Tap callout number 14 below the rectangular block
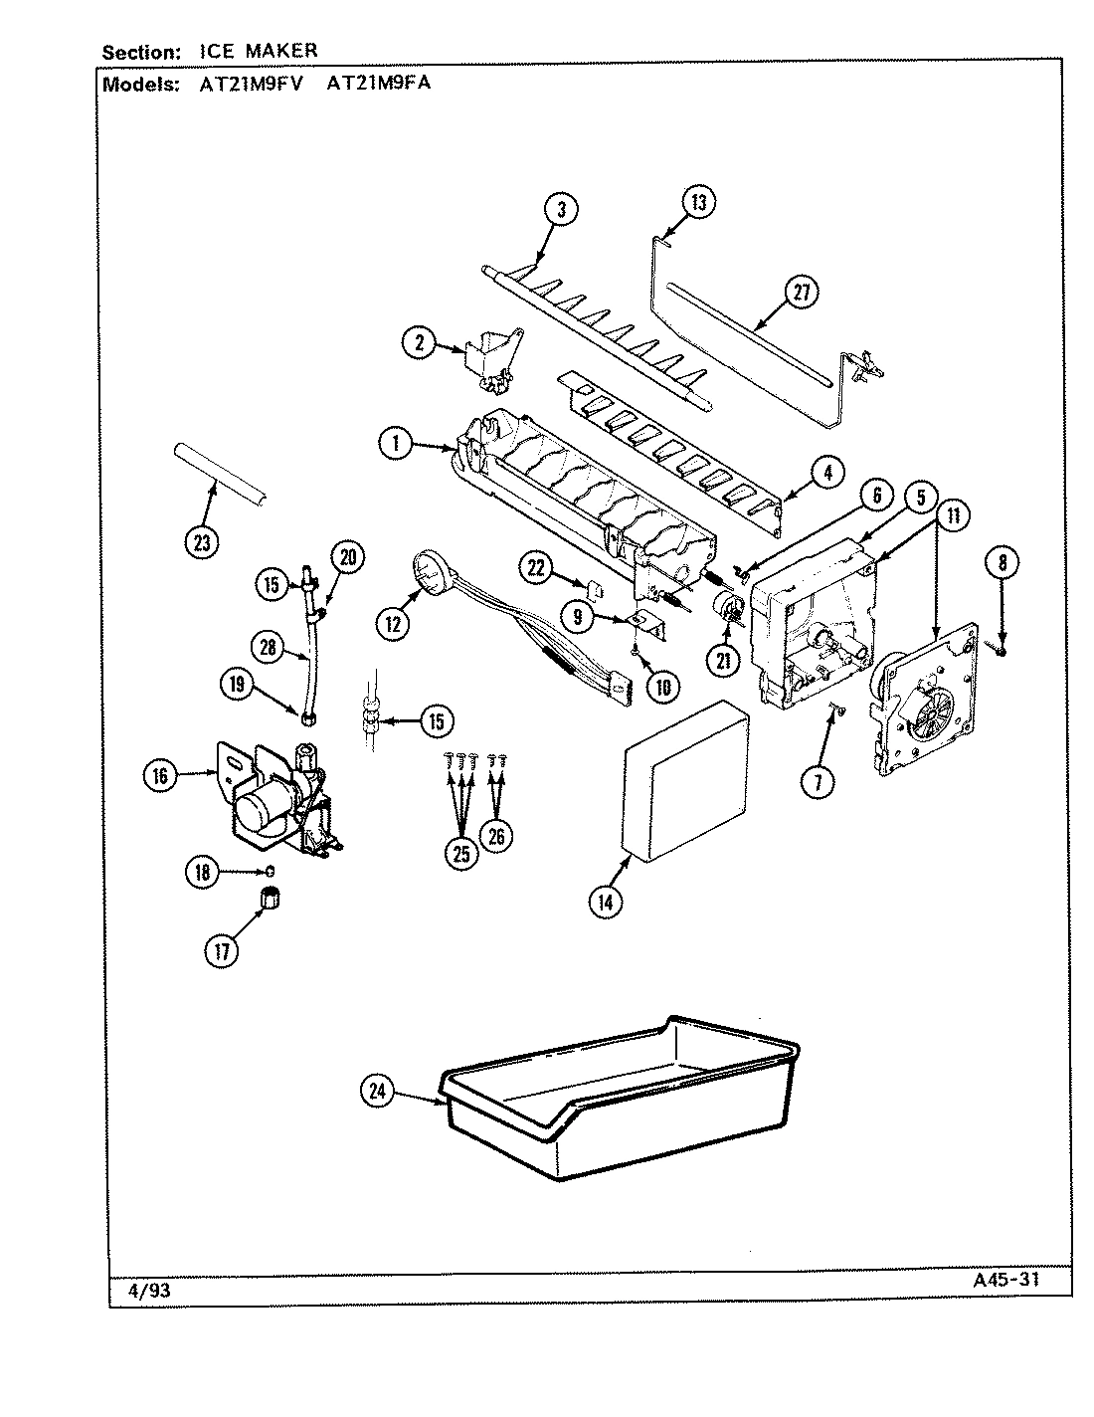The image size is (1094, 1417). [606, 902]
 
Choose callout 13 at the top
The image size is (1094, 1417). [698, 203]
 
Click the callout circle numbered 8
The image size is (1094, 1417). [1003, 563]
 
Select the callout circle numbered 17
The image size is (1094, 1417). [221, 951]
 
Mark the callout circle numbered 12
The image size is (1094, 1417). [394, 624]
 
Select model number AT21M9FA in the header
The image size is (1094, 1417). [378, 84]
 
